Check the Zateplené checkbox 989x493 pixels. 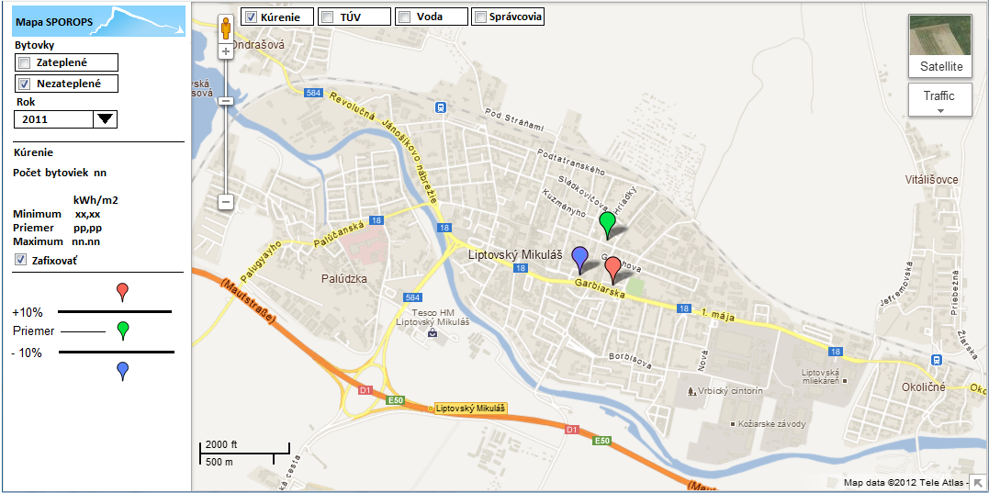tap(25, 62)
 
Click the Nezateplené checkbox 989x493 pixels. tap(25, 84)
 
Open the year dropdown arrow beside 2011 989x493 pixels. tap(106, 118)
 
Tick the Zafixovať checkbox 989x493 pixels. tap(21, 260)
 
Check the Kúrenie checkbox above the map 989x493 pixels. tap(251, 17)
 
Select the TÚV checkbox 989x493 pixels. tap(327, 17)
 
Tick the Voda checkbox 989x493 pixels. tap(404, 17)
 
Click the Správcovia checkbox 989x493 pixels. tap(480, 17)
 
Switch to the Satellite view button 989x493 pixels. tap(939, 46)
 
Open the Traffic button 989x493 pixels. tap(939, 99)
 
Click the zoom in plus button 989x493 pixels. tap(226, 51)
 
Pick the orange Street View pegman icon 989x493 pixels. tap(226, 28)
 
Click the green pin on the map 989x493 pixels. tap(606, 223)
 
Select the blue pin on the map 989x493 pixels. tap(579, 258)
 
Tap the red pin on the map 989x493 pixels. tap(613, 268)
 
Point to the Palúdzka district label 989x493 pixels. tap(344, 278)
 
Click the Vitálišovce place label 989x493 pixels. tap(931, 180)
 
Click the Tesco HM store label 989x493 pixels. tap(433, 317)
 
